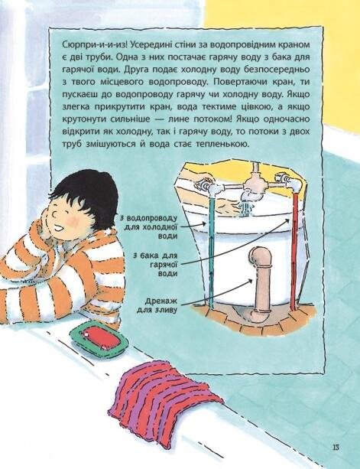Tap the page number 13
(336, 448)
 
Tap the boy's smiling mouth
(59, 229)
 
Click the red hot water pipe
(294, 251)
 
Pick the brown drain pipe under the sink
(261, 284)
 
